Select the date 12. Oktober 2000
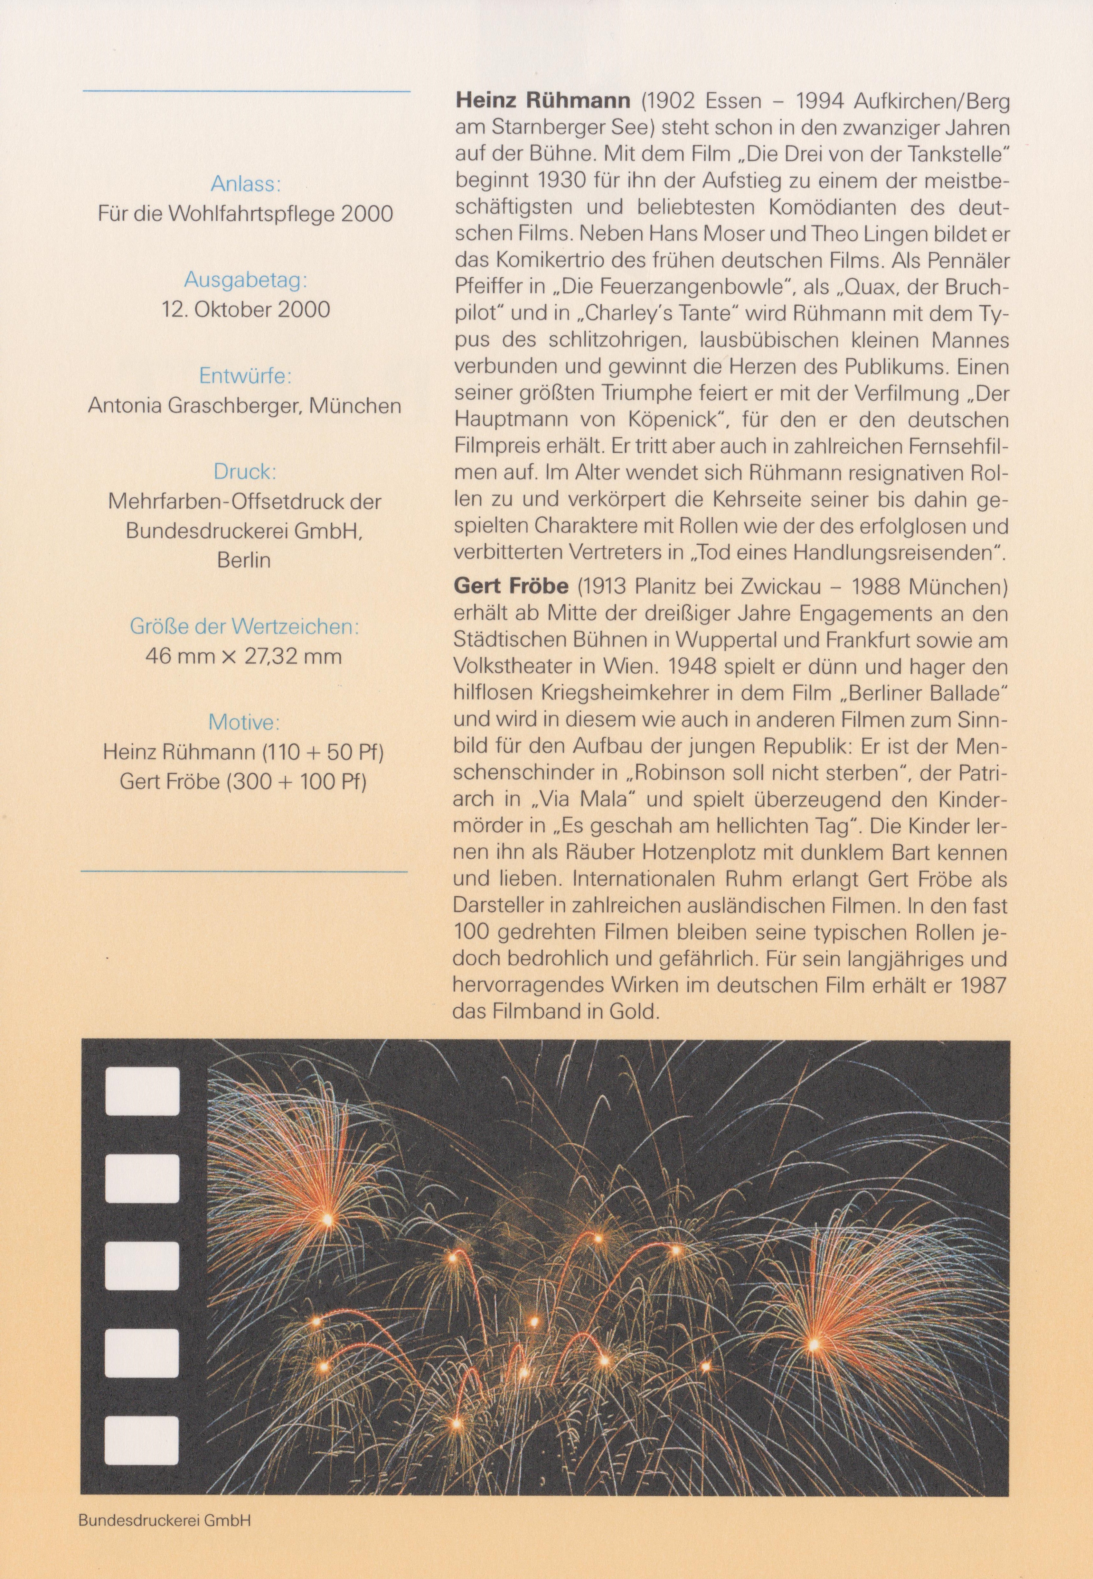245,309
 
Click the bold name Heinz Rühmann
542,101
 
